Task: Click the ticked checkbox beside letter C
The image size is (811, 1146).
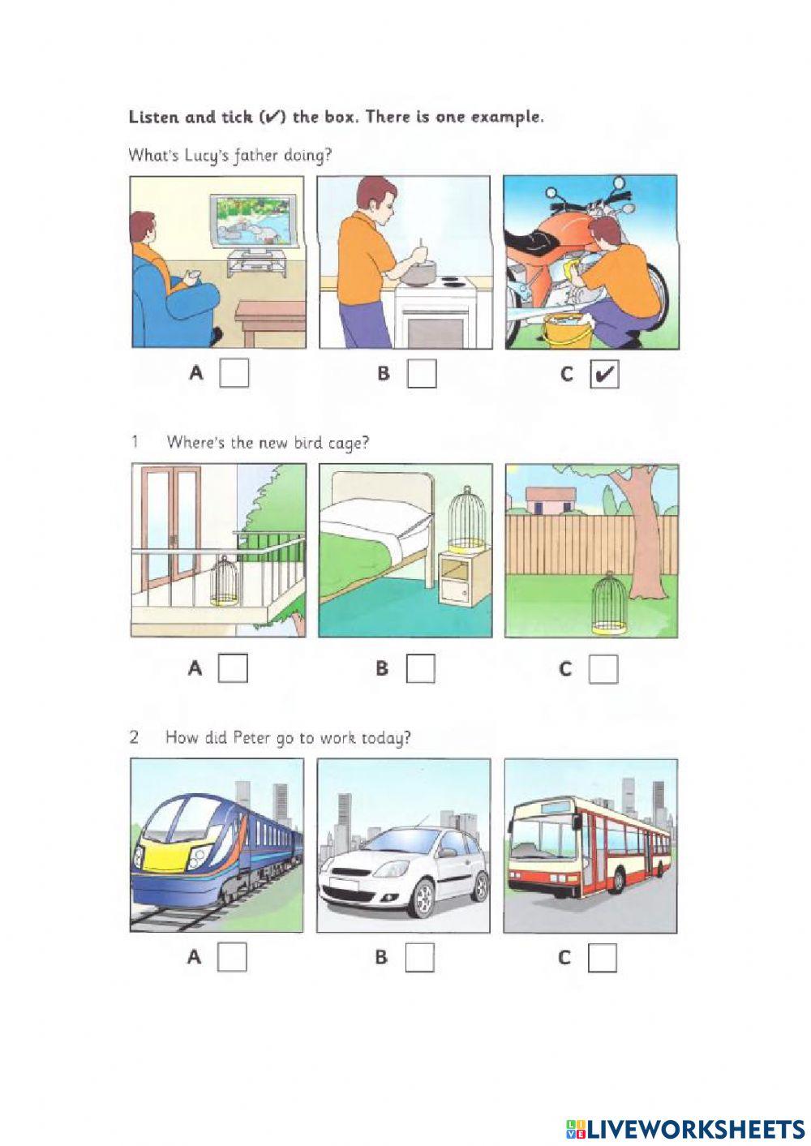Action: [603, 375]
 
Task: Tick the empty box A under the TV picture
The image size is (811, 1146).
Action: [234, 373]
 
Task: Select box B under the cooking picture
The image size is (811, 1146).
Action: [422, 374]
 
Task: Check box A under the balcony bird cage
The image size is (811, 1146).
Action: [234, 668]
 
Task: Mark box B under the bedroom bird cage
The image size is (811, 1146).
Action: [420, 668]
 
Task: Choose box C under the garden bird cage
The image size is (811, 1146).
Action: [603, 669]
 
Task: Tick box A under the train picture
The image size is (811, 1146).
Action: [232, 957]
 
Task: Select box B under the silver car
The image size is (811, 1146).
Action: [419, 957]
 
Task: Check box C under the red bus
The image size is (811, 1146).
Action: [602, 958]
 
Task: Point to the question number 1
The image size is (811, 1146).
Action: [135, 442]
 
